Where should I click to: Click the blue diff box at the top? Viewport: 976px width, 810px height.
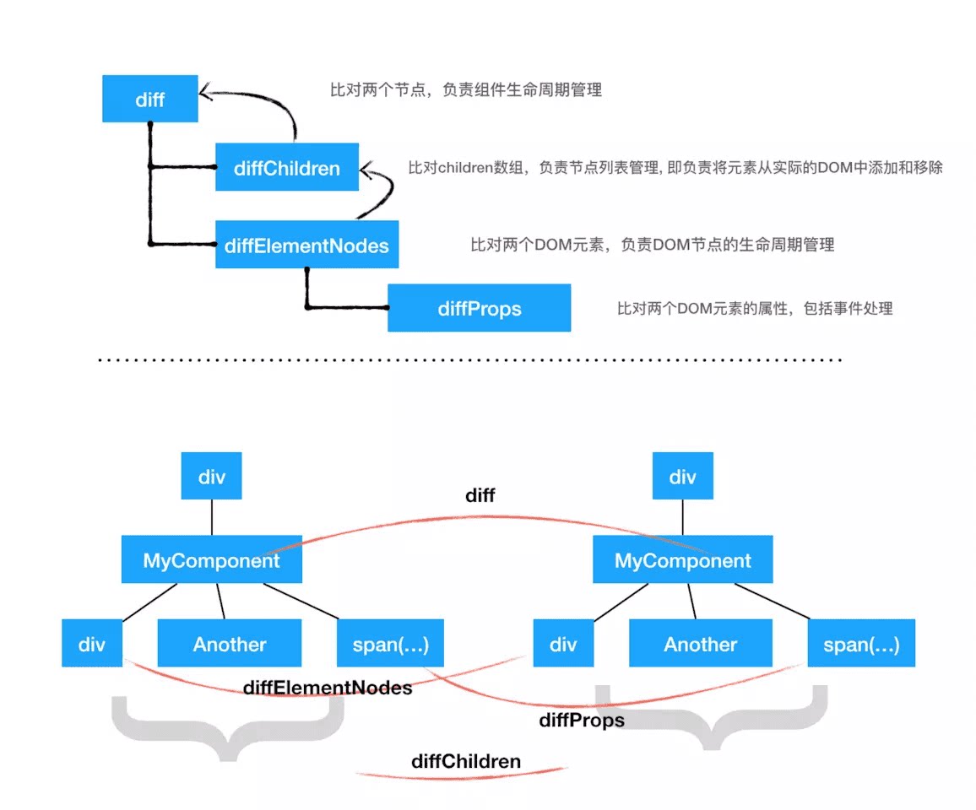pos(150,99)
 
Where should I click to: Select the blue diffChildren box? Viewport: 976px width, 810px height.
pos(287,168)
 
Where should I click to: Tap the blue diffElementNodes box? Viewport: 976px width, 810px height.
pos(306,245)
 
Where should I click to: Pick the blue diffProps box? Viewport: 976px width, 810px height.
pos(479,308)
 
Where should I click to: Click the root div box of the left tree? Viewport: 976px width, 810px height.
pos(211,477)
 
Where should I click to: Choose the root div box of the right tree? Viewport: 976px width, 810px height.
pos(682,477)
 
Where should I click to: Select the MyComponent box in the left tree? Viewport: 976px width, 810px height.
pos(211,560)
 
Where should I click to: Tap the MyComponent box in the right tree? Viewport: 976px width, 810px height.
pos(682,560)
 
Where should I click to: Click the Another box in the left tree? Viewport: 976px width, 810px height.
pos(230,644)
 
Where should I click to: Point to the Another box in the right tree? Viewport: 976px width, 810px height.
pos(701,644)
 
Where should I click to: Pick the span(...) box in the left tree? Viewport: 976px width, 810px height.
pos(390,644)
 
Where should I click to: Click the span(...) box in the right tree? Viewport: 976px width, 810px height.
pos(861,644)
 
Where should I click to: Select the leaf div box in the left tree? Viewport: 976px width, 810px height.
pos(92,644)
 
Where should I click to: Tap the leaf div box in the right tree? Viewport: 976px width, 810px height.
pos(563,644)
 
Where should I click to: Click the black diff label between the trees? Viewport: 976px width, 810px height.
pos(480,496)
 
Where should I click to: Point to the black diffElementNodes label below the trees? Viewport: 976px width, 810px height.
pos(328,688)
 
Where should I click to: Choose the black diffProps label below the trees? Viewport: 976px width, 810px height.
pos(582,720)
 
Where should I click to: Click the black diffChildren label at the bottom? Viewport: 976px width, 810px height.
pos(466,761)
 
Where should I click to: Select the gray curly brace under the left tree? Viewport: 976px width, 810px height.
pos(228,727)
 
